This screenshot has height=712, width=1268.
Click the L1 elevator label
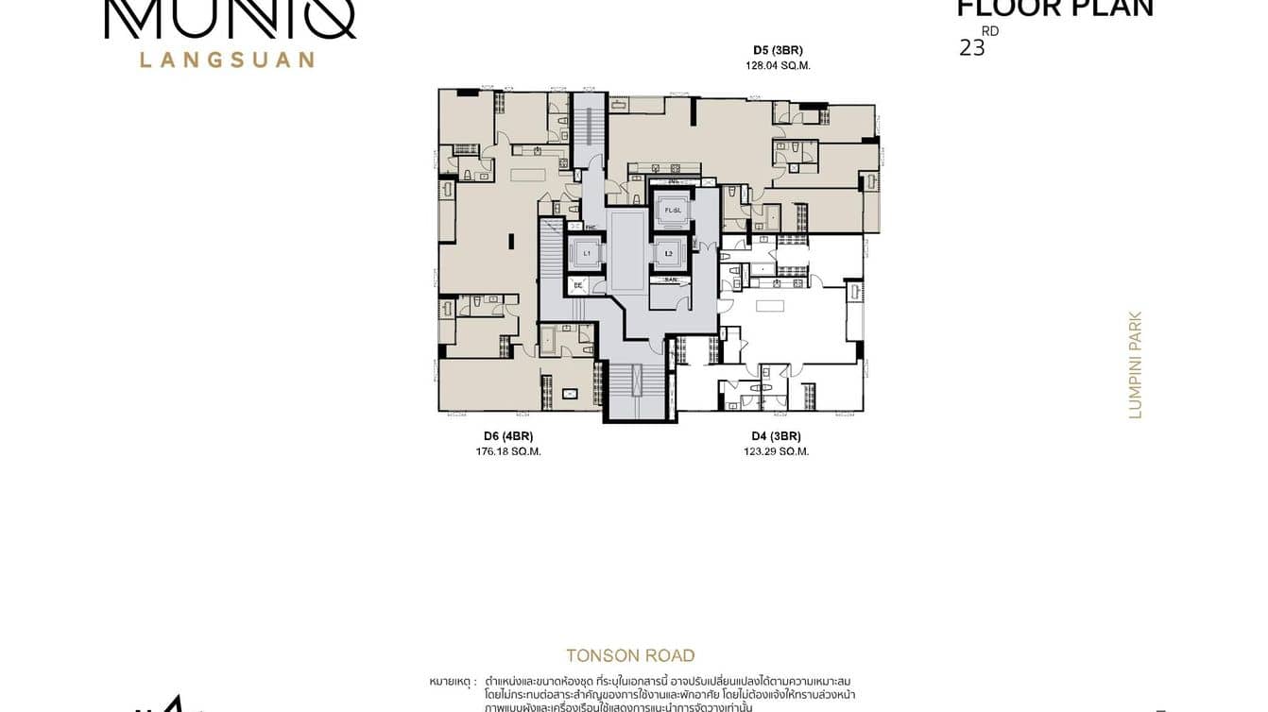(x=586, y=253)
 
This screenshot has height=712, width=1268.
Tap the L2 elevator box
(x=668, y=253)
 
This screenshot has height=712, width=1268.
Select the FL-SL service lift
(x=673, y=210)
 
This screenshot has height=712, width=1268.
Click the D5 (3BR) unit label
(x=778, y=49)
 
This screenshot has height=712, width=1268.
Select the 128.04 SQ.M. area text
(x=778, y=66)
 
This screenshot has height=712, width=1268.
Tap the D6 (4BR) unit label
(x=508, y=435)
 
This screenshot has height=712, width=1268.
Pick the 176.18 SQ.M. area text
(x=508, y=451)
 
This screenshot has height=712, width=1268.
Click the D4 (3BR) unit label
(x=776, y=435)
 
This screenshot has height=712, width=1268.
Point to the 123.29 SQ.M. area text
(x=776, y=451)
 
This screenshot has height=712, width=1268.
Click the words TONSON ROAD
(x=630, y=655)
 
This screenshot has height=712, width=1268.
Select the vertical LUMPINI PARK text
(x=1136, y=364)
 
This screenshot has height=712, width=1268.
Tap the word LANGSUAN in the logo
(x=227, y=59)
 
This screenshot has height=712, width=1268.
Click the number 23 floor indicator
(x=971, y=48)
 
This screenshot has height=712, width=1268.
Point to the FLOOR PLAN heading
(x=1054, y=9)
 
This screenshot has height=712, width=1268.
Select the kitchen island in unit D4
(x=770, y=305)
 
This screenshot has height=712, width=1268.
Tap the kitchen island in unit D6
(x=528, y=175)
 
